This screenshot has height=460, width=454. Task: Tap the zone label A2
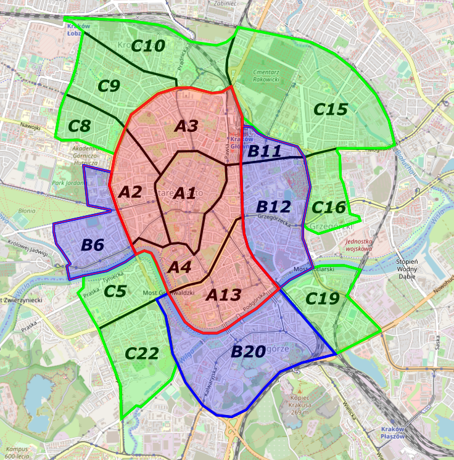point(130,192)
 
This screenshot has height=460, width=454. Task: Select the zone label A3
point(186,126)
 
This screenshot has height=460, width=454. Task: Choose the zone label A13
point(223,295)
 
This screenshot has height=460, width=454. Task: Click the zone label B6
point(93,245)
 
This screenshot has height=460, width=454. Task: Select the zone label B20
point(248,352)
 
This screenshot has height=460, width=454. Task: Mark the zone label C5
point(115,291)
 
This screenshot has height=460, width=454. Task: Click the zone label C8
point(79,126)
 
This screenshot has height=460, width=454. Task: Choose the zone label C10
point(148,46)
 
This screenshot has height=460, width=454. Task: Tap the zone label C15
point(331,109)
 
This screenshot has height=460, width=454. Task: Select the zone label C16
point(328,207)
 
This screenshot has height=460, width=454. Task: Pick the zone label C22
point(142,353)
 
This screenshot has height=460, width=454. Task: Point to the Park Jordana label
point(66,183)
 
